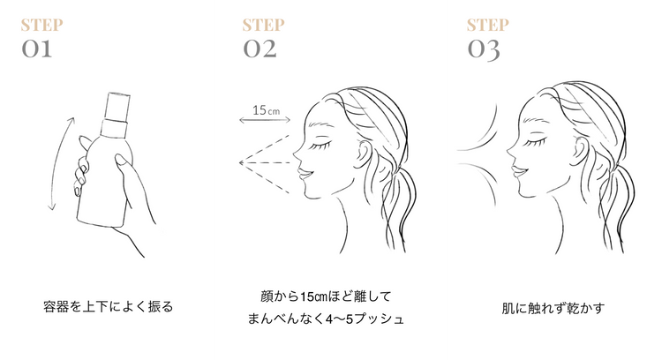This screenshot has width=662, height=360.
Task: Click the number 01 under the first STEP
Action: [37, 49]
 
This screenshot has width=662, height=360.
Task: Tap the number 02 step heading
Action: [260, 49]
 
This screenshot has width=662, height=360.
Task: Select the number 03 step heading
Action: [484, 50]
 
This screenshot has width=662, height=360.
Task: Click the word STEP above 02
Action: [263, 26]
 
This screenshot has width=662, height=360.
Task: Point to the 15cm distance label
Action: [266, 110]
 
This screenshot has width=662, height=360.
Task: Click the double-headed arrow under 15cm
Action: [265, 120]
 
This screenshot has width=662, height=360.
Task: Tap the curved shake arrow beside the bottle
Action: [60, 164]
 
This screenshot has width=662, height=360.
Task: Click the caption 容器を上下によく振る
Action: [108, 306]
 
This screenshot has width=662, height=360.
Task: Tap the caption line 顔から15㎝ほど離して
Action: [326, 296]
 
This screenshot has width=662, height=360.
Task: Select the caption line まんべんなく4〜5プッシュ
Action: [326, 319]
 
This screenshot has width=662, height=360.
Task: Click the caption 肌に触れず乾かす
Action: [553, 308]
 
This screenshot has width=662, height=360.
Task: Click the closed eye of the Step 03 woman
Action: [534, 143]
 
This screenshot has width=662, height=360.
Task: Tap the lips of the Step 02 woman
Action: [305, 174]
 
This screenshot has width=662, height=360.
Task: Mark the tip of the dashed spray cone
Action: [240, 162]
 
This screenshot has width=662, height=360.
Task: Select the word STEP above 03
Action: [487, 26]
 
